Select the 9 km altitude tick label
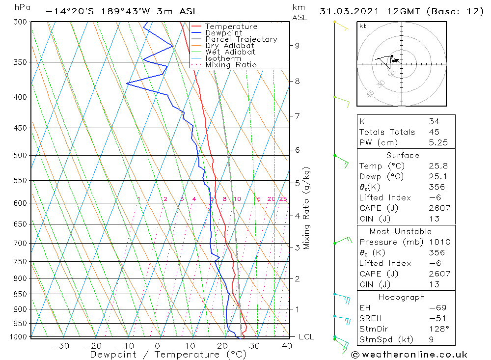297,46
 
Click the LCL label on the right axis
306,337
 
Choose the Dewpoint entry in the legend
224,33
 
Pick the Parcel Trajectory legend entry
241,39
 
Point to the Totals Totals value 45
434,132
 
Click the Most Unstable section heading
400,231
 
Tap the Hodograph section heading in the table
402,297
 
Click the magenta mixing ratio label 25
283,199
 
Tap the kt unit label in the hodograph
362,26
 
